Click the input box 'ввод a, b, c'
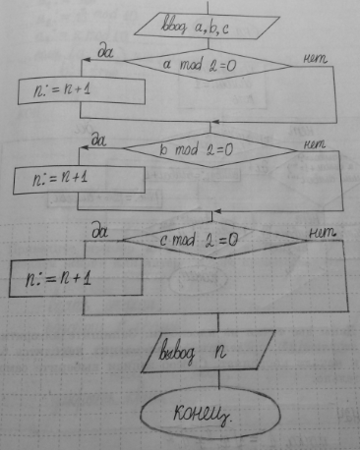[x=207, y=26]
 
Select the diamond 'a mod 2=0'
[x=209, y=65]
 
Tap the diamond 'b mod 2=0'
[x=210, y=150]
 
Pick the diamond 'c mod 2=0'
[x=214, y=240]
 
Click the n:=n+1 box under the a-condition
[x=82, y=90]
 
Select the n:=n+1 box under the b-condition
[x=79, y=180]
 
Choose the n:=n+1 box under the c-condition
[x=76, y=277]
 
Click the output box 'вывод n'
[x=209, y=352]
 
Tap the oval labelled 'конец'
[x=210, y=414]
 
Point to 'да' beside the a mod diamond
[x=105, y=52]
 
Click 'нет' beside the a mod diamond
[x=315, y=59]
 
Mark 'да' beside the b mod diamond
[x=98, y=141]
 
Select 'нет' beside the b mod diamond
[x=315, y=144]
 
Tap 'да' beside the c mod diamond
[x=100, y=232]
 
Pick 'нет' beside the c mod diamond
[x=323, y=232]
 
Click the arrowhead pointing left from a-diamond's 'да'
[x=86, y=60]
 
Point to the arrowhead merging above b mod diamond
[x=214, y=122]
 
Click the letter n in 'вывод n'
[x=220, y=352]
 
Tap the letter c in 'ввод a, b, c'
[x=224, y=29]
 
